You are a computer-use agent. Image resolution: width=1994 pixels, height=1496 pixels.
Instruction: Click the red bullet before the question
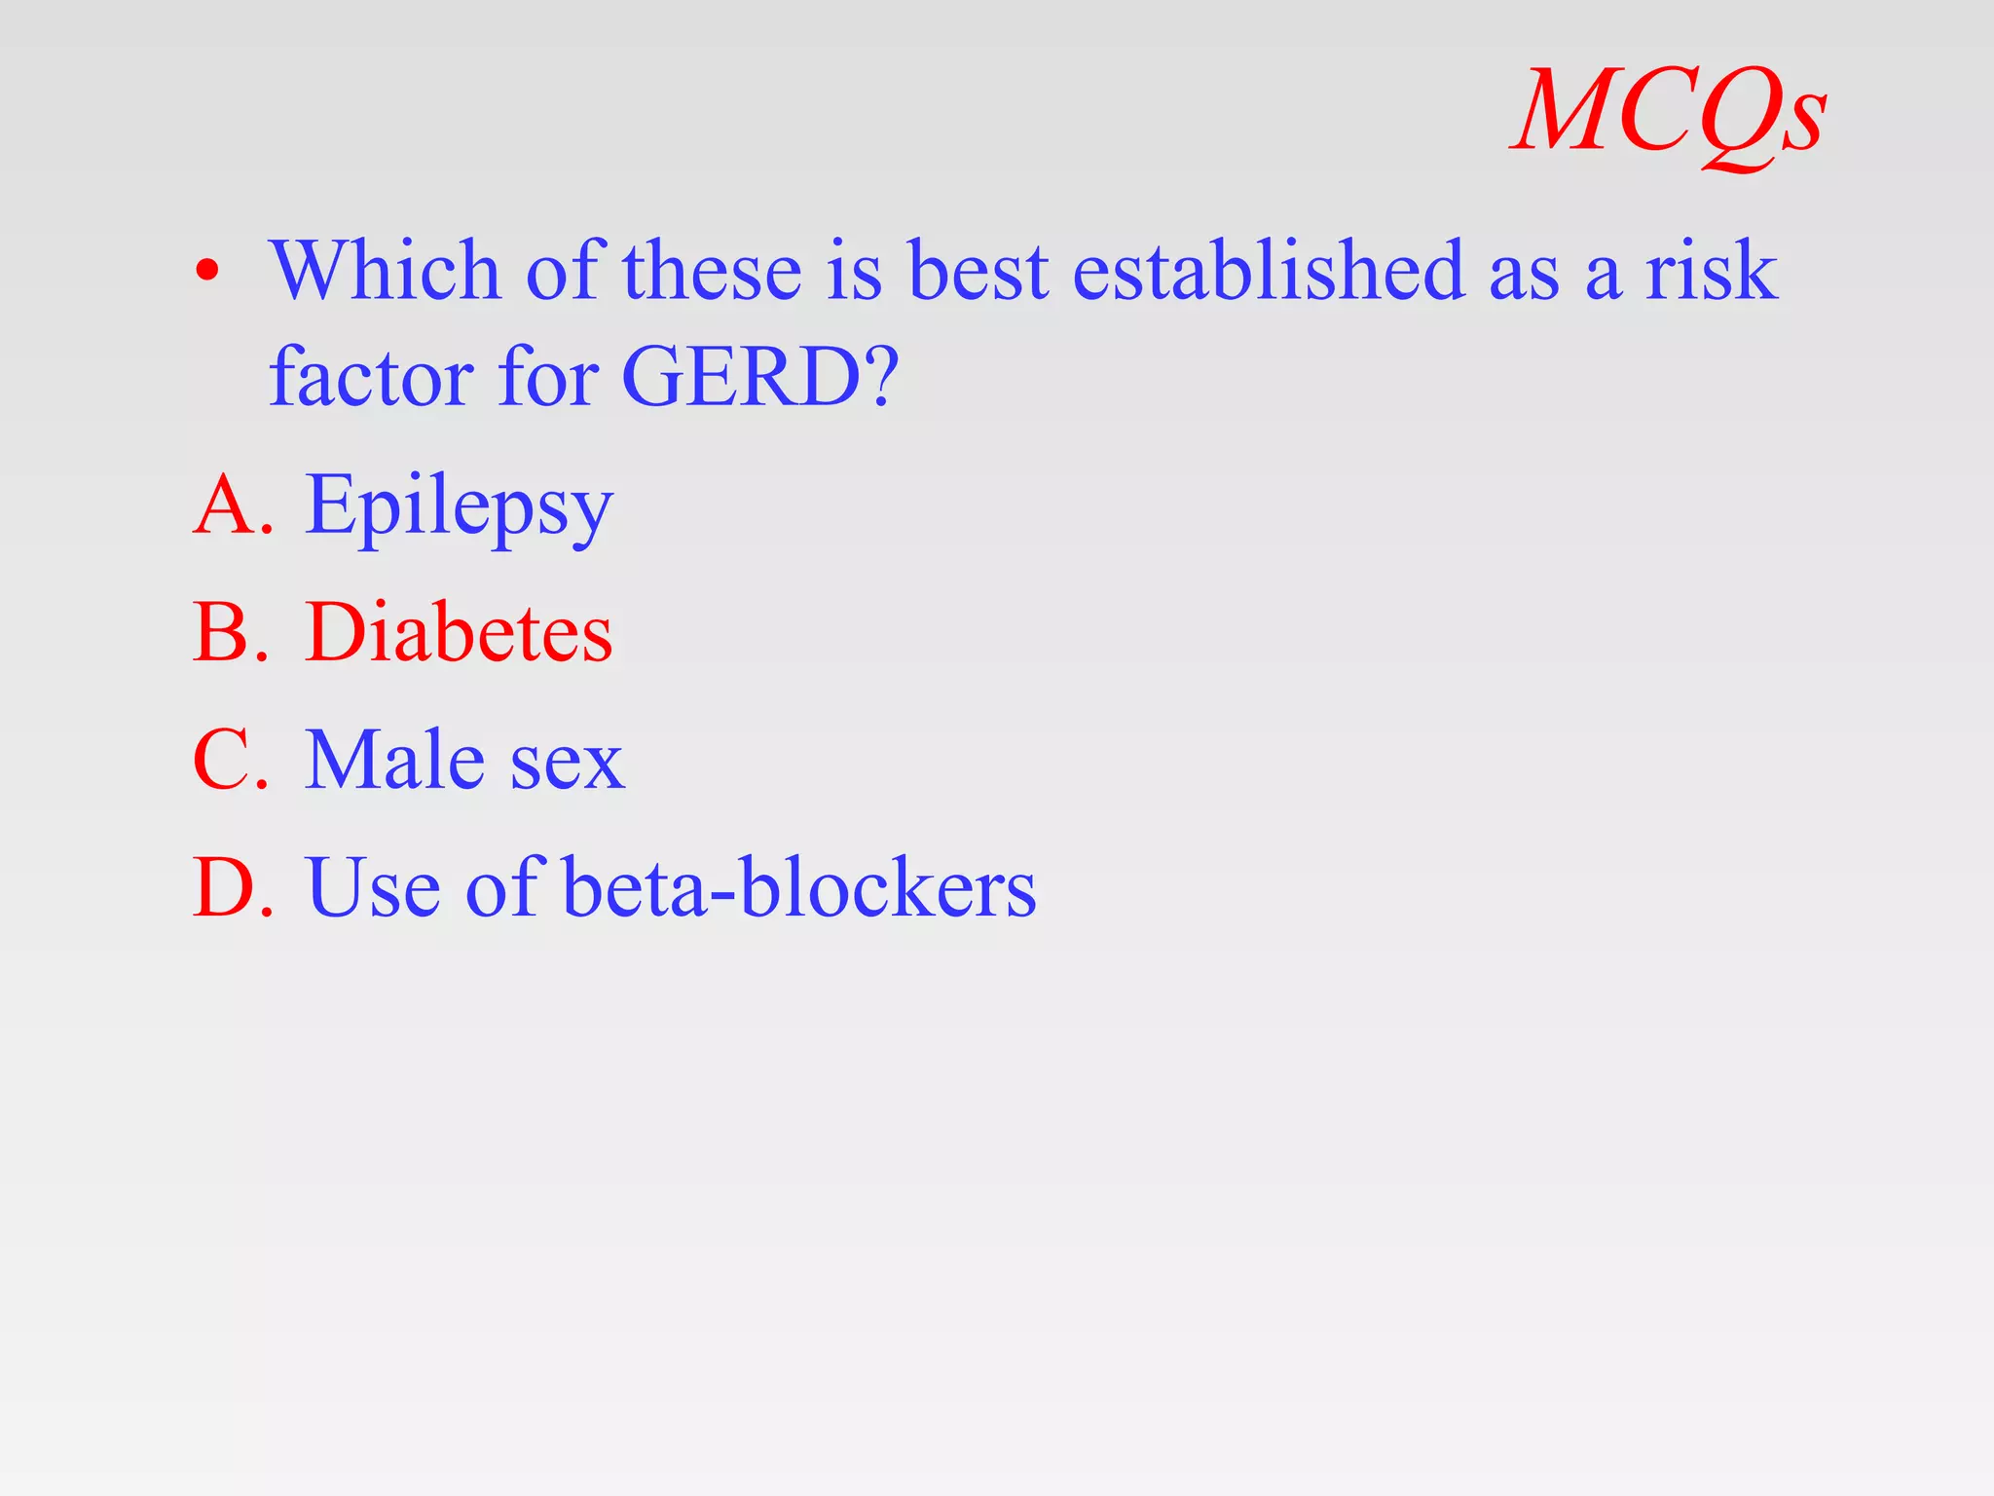click(x=206, y=271)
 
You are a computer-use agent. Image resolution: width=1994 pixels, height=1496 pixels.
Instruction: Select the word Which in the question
click(x=386, y=270)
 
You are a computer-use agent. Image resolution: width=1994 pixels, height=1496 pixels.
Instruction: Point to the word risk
click(x=1712, y=270)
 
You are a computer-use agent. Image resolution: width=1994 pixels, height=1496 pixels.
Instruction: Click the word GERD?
click(x=759, y=377)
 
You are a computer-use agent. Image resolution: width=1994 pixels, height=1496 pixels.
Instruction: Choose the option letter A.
click(x=229, y=505)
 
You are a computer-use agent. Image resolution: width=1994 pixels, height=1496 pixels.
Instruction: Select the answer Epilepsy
click(x=459, y=506)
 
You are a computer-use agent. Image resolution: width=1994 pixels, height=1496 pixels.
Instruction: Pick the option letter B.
click(x=229, y=632)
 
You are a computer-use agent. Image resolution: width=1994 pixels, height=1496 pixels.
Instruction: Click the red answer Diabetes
click(x=459, y=632)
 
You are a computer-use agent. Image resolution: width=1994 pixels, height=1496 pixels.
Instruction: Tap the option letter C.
click(x=229, y=760)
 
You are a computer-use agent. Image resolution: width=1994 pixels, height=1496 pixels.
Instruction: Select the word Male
click(x=394, y=760)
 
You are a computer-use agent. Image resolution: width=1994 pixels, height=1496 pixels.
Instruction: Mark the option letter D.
click(x=231, y=887)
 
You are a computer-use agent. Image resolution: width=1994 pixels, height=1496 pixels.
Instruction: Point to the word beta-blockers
click(x=799, y=887)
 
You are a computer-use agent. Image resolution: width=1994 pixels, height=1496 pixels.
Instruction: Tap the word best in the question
click(x=978, y=270)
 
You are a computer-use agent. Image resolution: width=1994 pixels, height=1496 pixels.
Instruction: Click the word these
click(x=712, y=270)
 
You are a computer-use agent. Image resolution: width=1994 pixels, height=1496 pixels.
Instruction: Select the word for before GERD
click(x=548, y=377)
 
